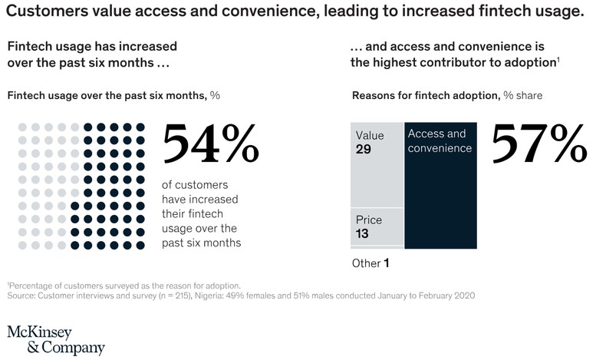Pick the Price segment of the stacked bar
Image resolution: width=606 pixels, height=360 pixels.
point(376,226)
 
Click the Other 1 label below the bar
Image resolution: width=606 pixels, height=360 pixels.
point(371,263)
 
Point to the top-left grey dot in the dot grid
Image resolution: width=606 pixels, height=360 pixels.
point(22,127)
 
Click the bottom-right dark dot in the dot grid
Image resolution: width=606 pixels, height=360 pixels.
point(140,245)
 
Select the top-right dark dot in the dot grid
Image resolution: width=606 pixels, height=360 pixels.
point(140,127)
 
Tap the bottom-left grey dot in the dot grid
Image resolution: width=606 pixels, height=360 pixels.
point(22,245)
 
